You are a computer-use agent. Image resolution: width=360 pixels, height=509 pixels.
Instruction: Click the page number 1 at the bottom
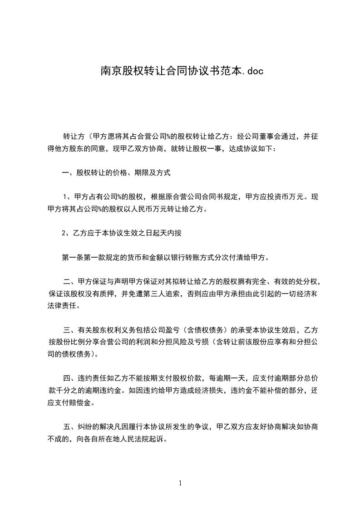180,483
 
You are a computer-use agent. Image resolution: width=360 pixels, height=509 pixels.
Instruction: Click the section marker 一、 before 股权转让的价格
69,173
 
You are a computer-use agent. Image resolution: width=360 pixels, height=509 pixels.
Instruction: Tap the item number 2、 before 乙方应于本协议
67,234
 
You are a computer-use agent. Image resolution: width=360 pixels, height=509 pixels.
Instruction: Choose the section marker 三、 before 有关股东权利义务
70,330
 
